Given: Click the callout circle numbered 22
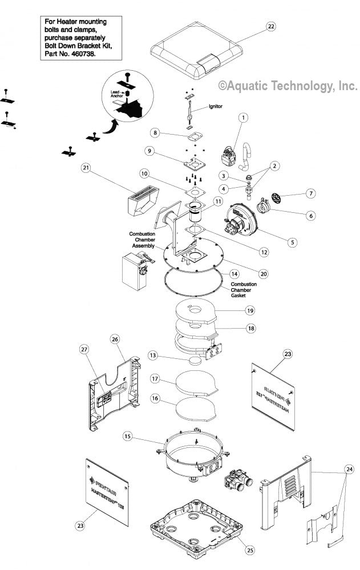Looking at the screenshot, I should (x=270, y=27).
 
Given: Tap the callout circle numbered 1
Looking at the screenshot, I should (x=244, y=118).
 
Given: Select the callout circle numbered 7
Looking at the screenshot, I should (x=311, y=193).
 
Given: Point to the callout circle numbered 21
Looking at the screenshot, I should (x=86, y=168).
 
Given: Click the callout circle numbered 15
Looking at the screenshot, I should (x=128, y=436).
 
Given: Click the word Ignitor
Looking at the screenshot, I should (x=215, y=106).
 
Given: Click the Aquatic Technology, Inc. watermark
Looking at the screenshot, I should (x=288, y=86).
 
